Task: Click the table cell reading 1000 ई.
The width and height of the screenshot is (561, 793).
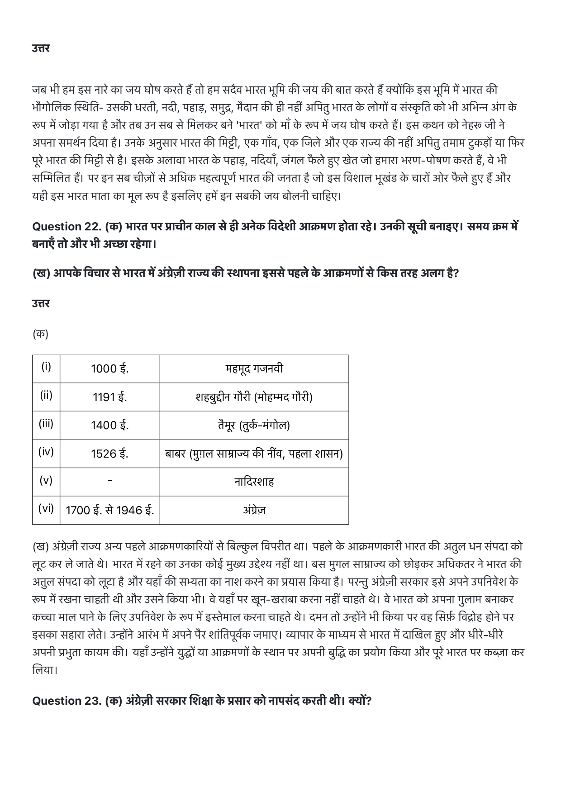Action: (x=109, y=369)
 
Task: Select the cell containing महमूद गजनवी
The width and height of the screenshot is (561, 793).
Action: (x=254, y=369)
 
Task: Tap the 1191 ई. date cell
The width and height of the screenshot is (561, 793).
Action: (x=109, y=397)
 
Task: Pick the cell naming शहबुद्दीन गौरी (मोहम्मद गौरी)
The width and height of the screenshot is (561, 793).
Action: (x=254, y=397)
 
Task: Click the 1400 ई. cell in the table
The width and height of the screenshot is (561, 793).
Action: (x=109, y=425)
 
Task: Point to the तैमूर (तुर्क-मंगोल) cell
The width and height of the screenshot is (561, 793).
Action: (x=254, y=425)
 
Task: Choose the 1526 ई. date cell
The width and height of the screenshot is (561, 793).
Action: (x=109, y=454)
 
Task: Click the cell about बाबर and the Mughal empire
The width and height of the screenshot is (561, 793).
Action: (x=254, y=454)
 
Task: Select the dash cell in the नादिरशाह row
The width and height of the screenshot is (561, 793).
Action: (x=109, y=482)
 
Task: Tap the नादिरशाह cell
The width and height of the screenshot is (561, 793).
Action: (x=254, y=482)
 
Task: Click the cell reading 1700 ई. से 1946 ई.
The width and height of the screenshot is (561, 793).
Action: (x=109, y=510)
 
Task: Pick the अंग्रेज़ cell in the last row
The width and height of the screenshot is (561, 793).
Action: (x=254, y=510)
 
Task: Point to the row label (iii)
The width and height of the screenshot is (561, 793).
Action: (x=46, y=424)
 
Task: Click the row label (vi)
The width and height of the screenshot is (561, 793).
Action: (x=46, y=508)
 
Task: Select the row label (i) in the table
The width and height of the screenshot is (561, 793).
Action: (x=46, y=367)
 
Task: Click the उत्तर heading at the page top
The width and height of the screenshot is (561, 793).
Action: (x=41, y=48)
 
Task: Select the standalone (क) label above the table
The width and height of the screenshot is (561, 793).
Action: (x=40, y=334)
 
